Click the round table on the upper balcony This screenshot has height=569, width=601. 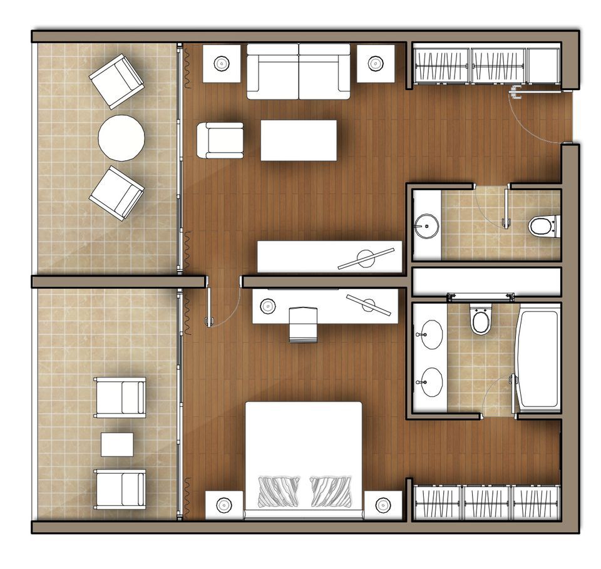[x=121, y=138]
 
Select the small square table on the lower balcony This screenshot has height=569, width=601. [x=117, y=444]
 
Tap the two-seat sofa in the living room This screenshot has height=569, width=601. [x=298, y=71]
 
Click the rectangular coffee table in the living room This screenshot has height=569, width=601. [x=298, y=140]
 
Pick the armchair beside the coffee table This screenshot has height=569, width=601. [x=220, y=140]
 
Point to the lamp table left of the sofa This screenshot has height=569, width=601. [x=221, y=63]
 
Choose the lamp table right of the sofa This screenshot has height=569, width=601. [x=376, y=63]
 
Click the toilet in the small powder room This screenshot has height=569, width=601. [x=543, y=225]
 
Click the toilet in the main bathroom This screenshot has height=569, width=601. [x=481, y=321]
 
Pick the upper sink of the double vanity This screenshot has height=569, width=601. [x=431, y=334]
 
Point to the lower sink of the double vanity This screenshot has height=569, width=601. [x=431, y=381]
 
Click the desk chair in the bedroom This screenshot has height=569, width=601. [x=304, y=324]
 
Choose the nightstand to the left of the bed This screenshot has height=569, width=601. [x=224, y=505]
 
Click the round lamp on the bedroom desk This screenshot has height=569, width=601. [x=268, y=306]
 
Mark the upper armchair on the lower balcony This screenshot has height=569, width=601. [x=120, y=397]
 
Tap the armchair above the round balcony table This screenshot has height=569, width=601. [x=117, y=81]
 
